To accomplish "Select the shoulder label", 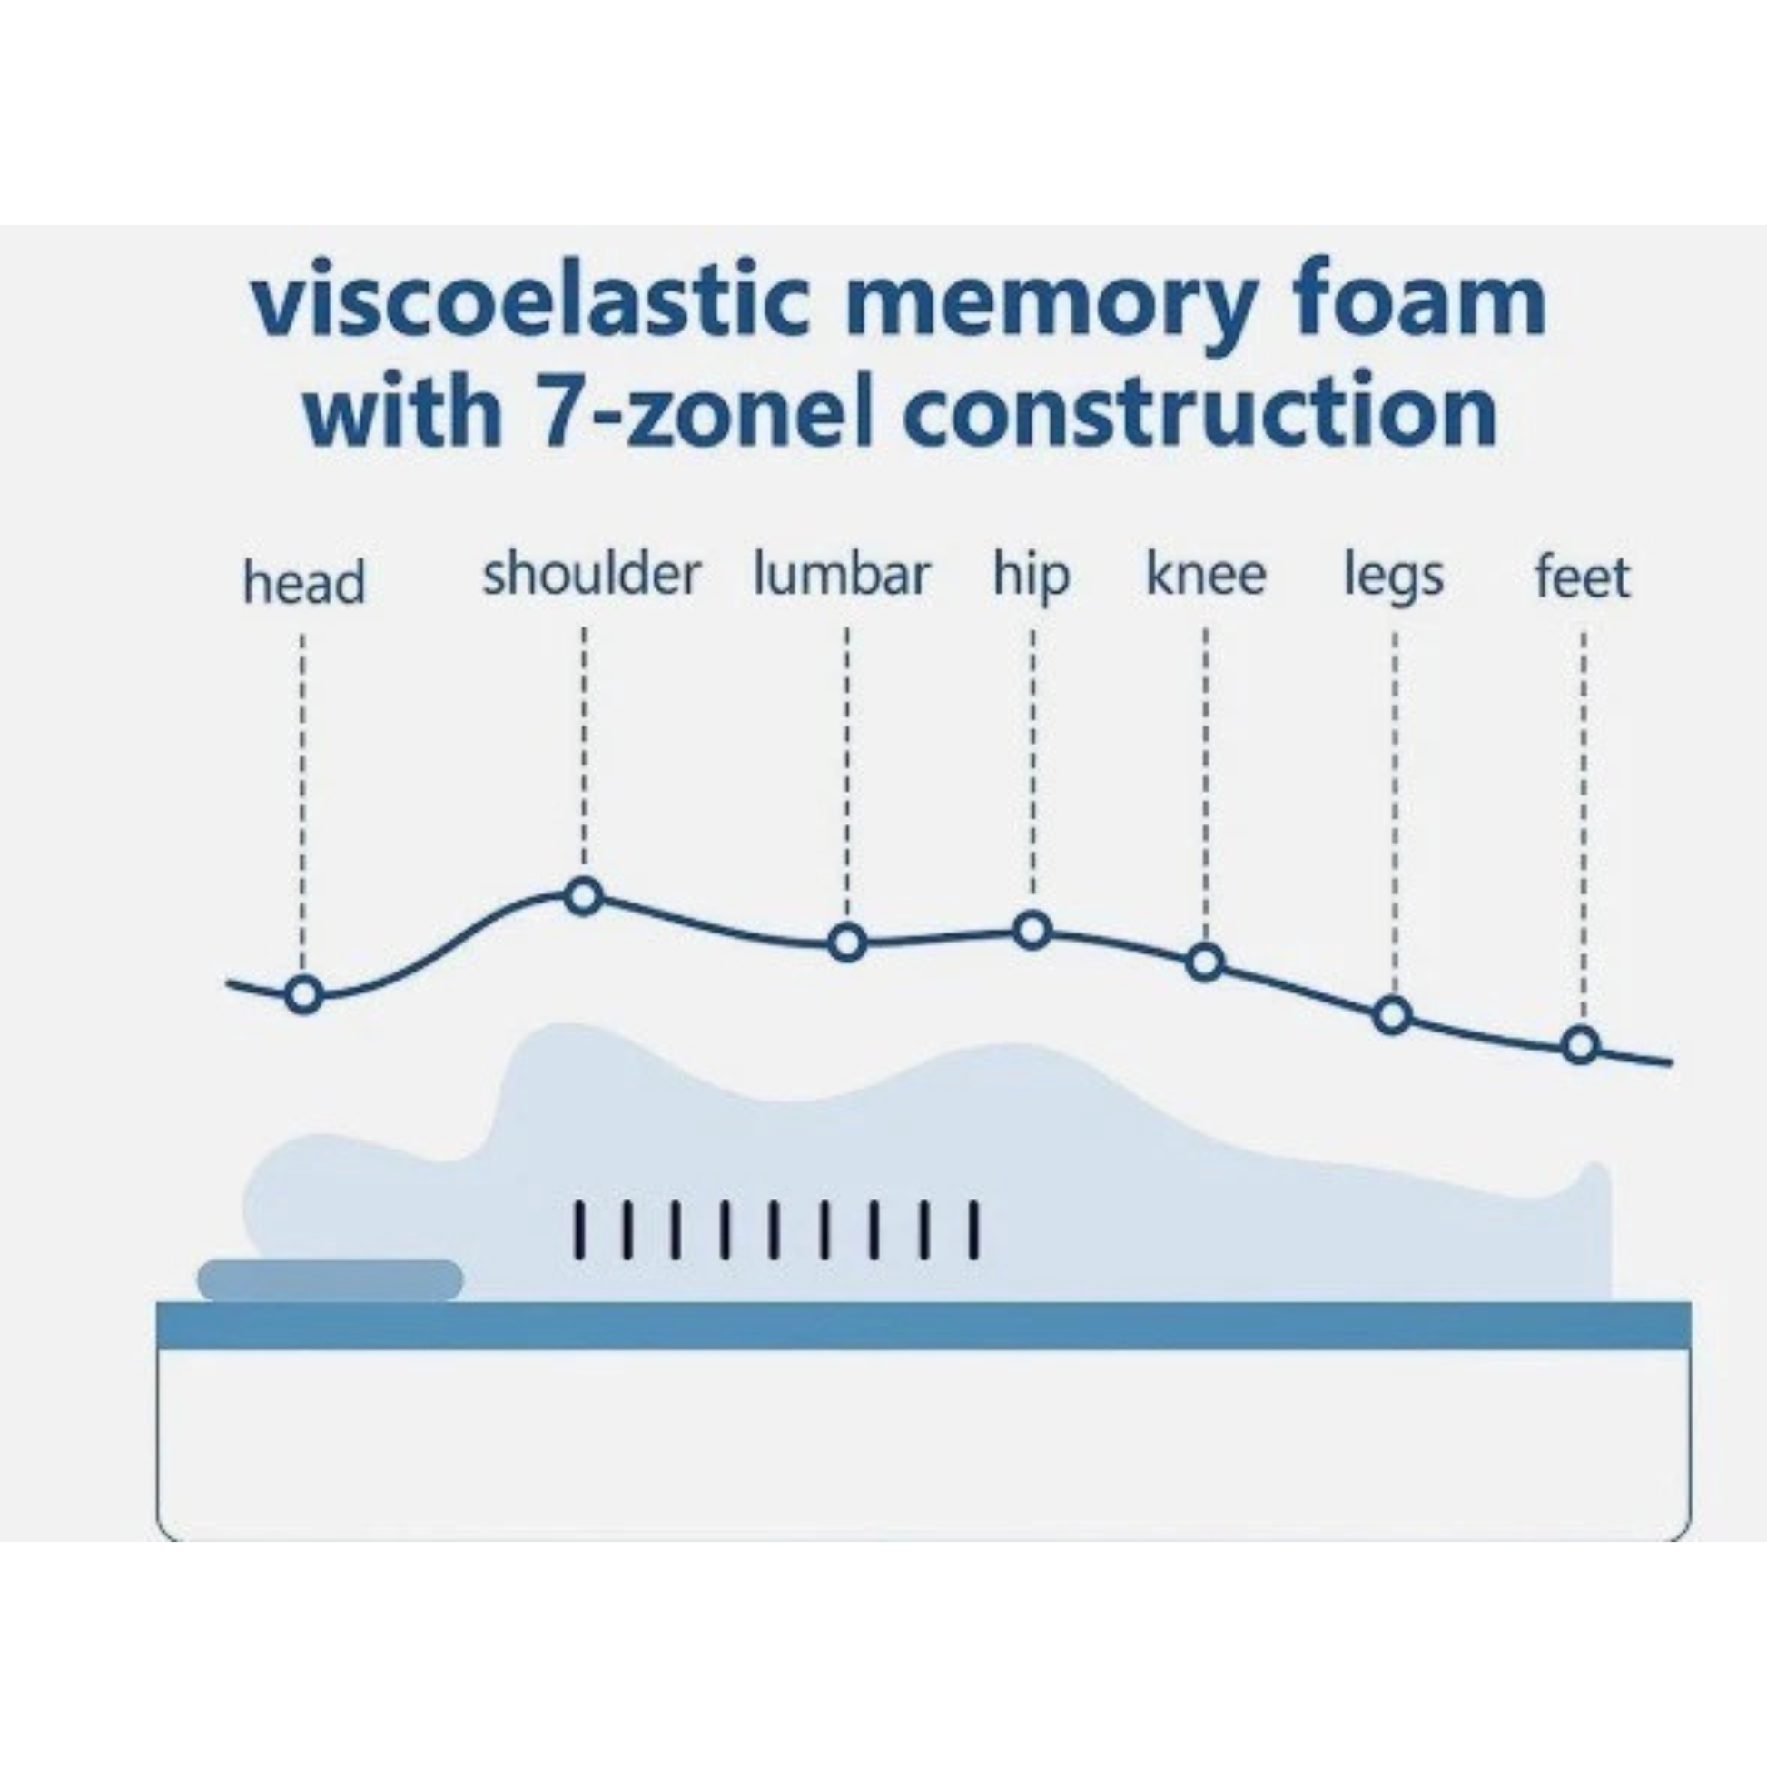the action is pyautogui.click(x=591, y=575).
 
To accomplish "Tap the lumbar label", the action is pyautogui.click(x=842, y=575).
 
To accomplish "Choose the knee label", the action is pyautogui.click(x=1206, y=575).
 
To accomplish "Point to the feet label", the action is pyautogui.click(x=1583, y=577).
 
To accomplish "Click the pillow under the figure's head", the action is pyautogui.click(x=331, y=1279).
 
